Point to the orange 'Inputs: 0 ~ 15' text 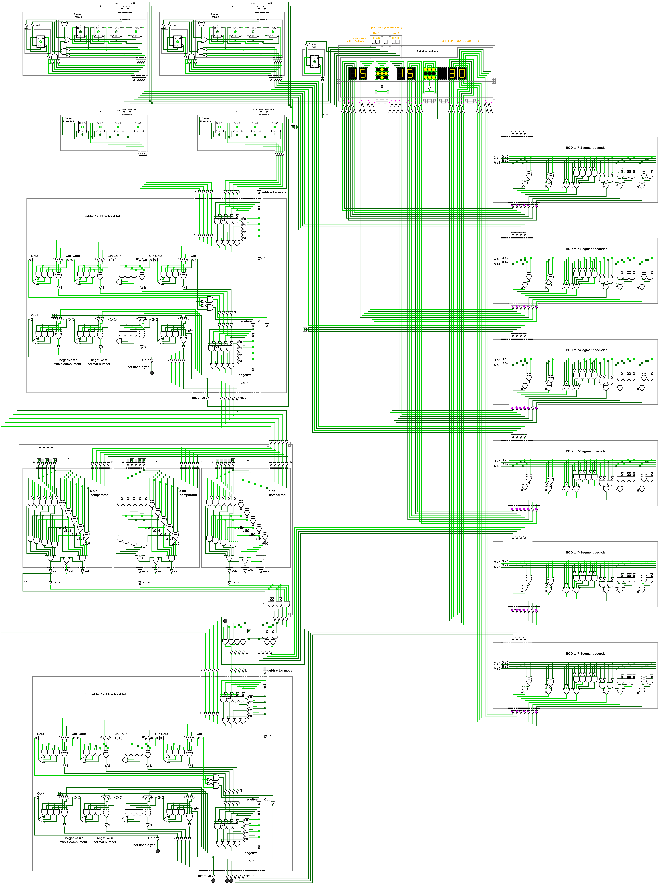(385, 27)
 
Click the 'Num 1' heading (376, 33)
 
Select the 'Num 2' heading (395, 33)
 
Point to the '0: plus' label (312, 44)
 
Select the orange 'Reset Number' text (359, 38)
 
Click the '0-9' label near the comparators (25, 581)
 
